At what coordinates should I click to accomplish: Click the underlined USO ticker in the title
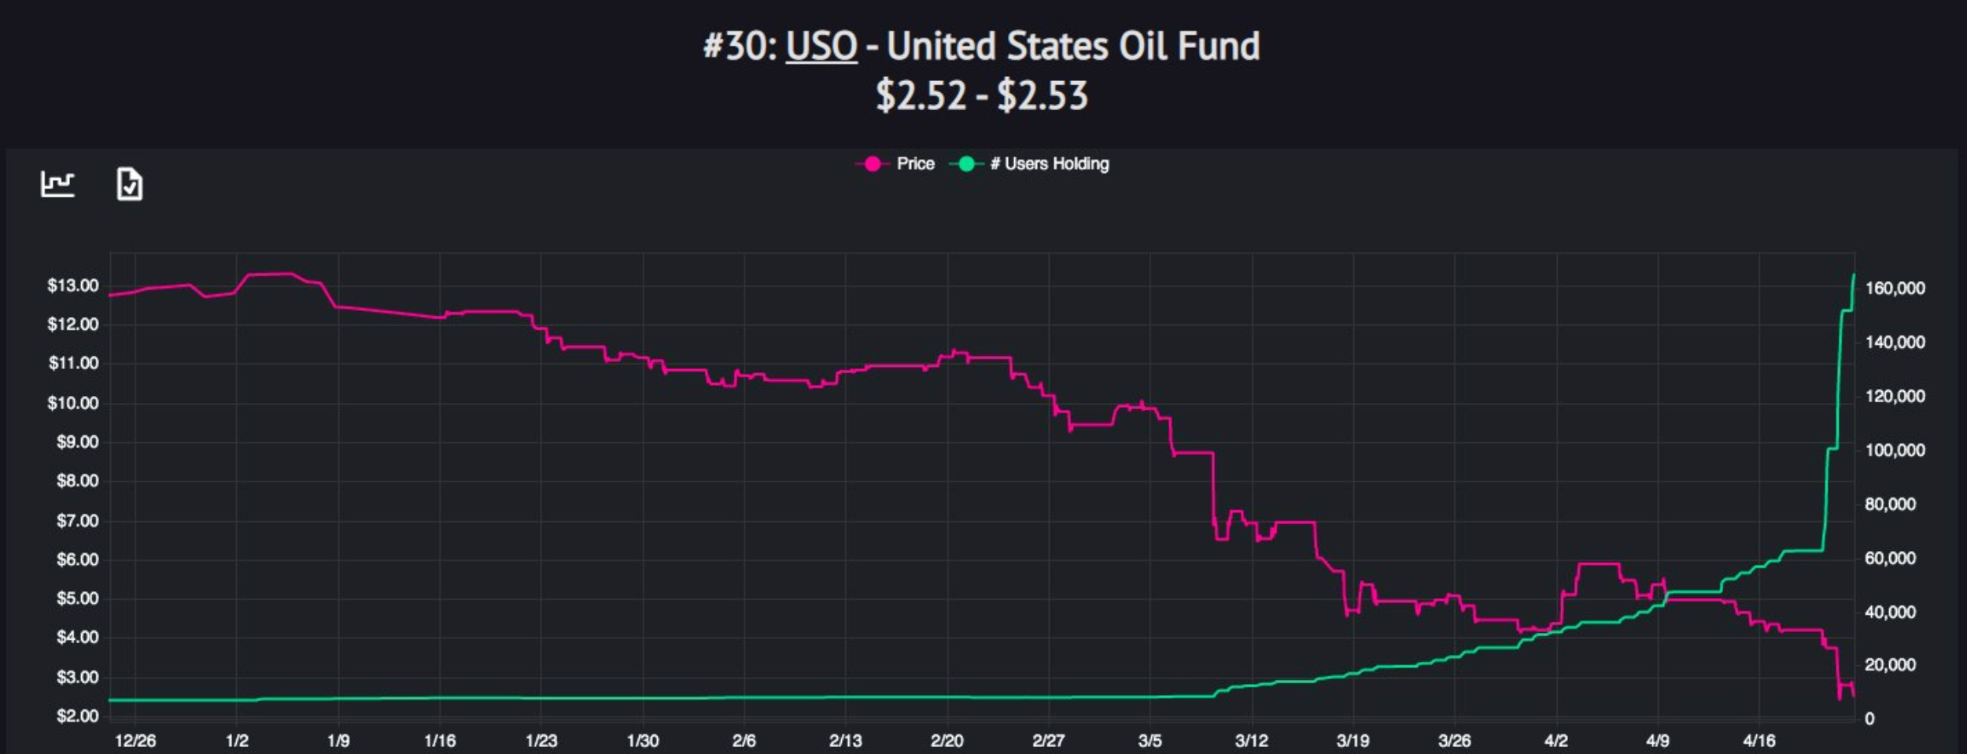821,46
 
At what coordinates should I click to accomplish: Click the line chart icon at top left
57,184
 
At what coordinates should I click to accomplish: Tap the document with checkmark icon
130,184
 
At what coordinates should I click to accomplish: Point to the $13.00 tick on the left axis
73,286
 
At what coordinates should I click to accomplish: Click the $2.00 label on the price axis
77,716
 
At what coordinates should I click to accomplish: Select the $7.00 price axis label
77,521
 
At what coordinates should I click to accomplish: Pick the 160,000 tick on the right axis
1895,289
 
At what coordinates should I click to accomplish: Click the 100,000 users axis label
1895,450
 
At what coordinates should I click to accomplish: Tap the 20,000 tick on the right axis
1890,665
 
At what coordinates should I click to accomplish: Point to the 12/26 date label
135,741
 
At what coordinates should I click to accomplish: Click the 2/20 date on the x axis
947,741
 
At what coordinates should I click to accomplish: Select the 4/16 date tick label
1758,741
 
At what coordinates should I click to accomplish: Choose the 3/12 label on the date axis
1251,741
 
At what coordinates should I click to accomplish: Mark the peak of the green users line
1854,275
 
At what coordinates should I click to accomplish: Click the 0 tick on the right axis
1869,719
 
